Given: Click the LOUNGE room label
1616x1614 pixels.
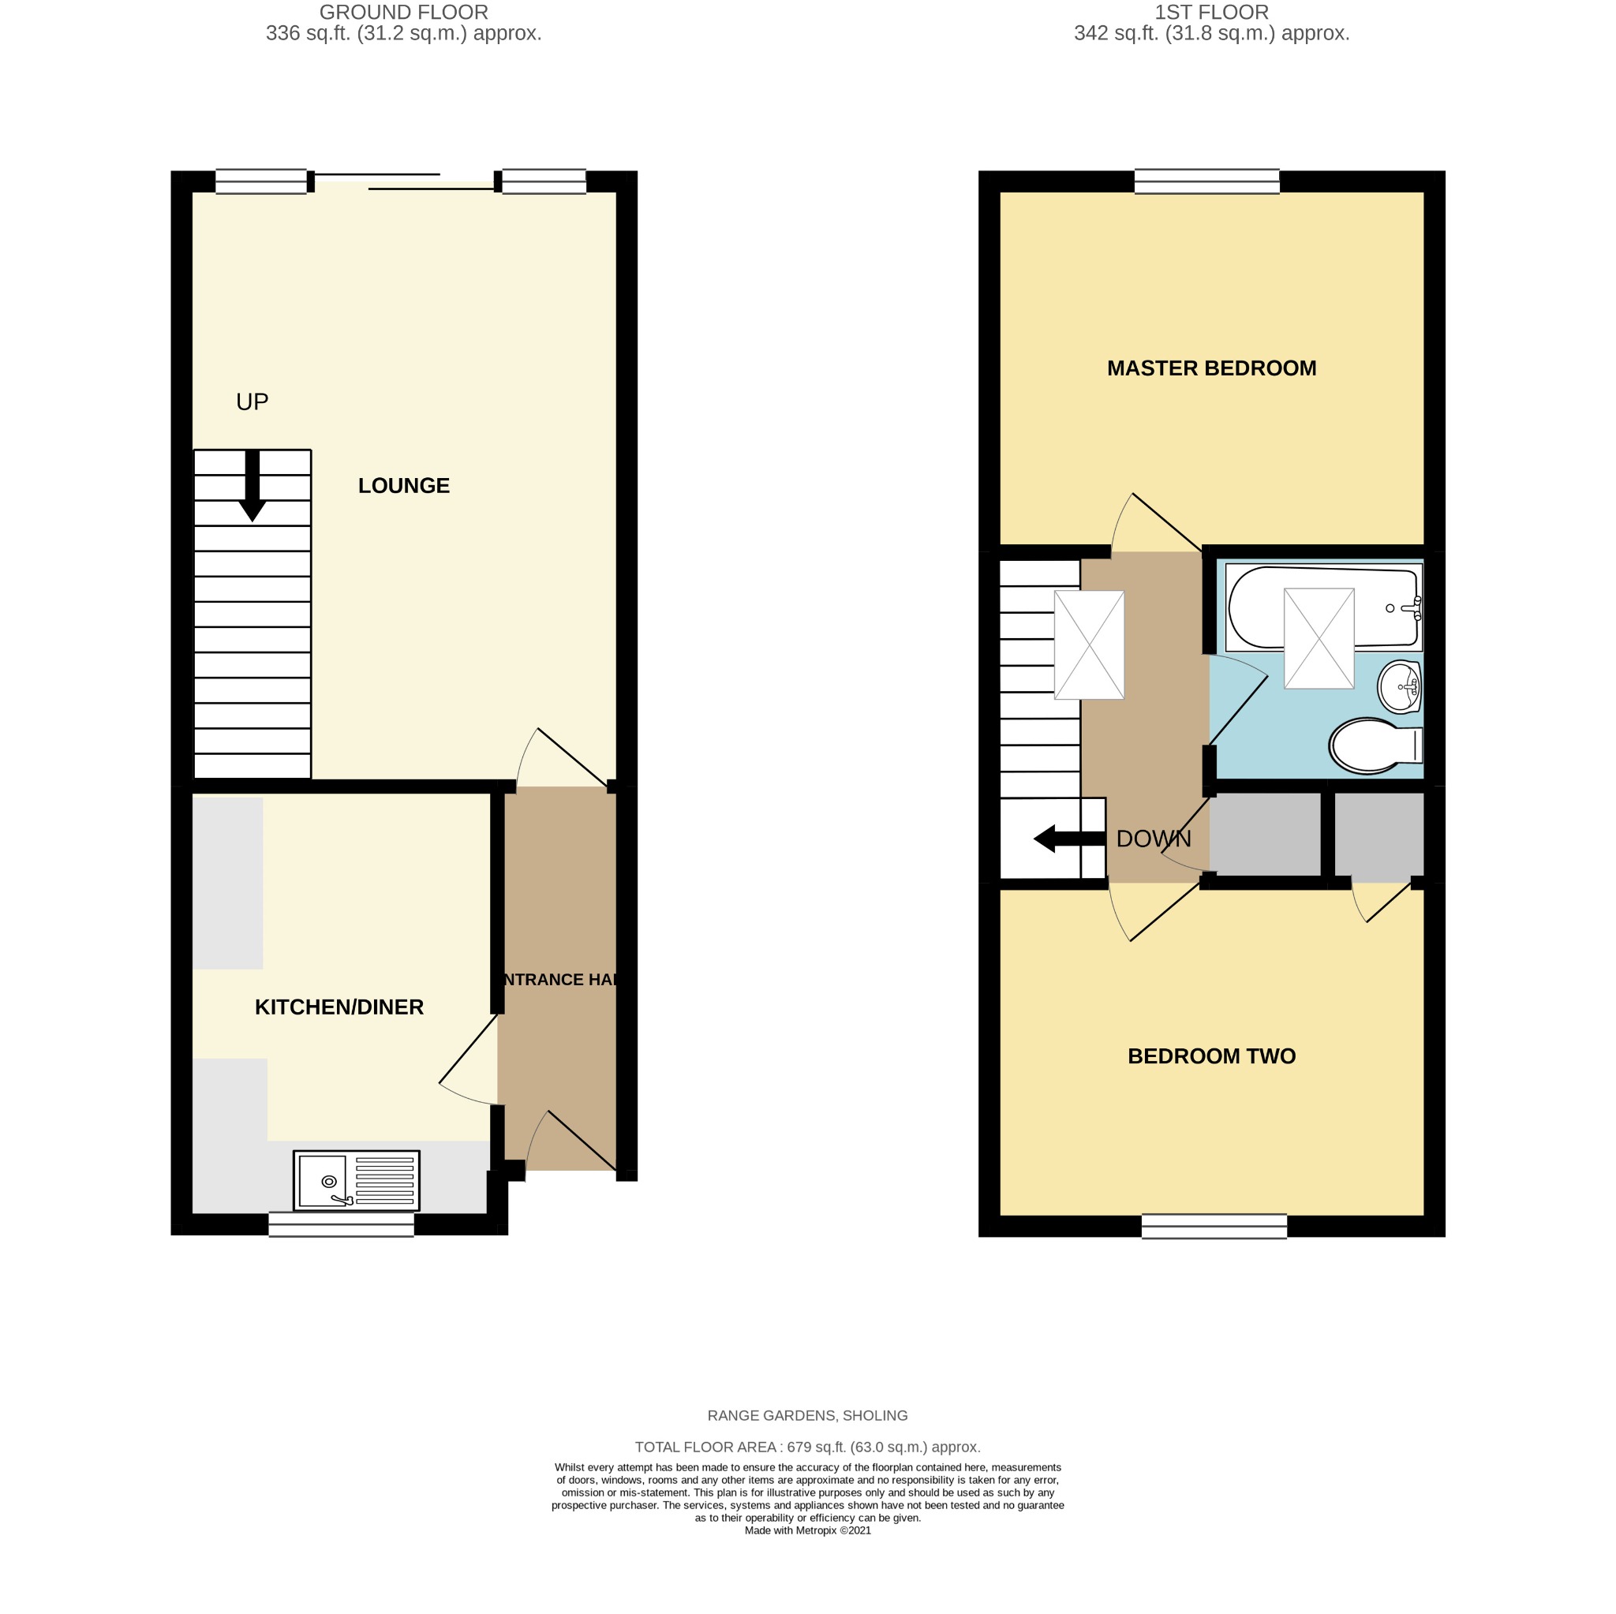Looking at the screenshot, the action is tap(404, 486).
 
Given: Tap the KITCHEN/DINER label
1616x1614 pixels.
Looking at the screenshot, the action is tap(339, 1007).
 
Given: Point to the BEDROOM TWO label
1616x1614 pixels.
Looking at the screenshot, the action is tap(1211, 1056).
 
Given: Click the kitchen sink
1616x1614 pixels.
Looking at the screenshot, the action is tap(357, 1181).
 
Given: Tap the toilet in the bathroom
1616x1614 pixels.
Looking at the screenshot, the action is tap(1376, 745).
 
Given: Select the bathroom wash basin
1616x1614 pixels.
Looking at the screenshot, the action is tap(1399, 687).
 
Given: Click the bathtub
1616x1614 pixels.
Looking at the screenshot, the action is tap(1323, 608).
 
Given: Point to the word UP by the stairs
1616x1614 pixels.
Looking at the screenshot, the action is tap(252, 402).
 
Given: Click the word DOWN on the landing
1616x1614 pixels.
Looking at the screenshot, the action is tap(1154, 839).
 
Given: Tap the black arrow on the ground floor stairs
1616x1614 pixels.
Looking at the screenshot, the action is tap(252, 486).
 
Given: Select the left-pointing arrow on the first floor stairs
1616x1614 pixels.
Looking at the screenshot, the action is tap(1070, 839).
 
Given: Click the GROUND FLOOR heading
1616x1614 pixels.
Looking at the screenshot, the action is tap(404, 13).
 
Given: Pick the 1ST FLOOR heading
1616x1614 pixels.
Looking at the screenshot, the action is tap(1211, 13).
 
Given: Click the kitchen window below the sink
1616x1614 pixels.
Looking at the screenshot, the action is tap(341, 1224).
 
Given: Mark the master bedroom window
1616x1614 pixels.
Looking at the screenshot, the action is tap(1207, 181).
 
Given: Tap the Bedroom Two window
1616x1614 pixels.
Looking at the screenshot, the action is tap(1214, 1226).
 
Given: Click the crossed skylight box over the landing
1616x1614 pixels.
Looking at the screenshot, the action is tap(1089, 644).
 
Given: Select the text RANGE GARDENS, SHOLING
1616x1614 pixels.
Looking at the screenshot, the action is tap(807, 1416).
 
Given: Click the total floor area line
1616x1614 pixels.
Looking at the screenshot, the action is tap(807, 1447).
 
